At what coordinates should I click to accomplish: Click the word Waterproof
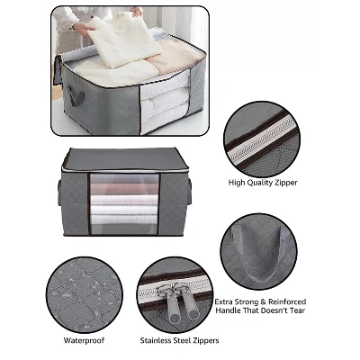[x=84, y=340]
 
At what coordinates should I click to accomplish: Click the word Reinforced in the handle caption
[x=287, y=301]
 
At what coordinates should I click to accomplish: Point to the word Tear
[x=297, y=310]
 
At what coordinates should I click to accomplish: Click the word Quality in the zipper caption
[x=257, y=183]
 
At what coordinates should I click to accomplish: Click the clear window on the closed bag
[x=124, y=204]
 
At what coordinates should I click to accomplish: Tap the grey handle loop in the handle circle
[x=258, y=254]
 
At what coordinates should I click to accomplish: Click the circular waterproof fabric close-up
[x=85, y=295]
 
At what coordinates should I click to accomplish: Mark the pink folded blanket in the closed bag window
[x=124, y=189]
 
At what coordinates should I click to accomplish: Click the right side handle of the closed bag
[x=189, y=191]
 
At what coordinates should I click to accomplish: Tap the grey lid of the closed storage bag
[x=125, y=159]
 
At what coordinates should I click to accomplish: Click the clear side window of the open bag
[x=166, y=103]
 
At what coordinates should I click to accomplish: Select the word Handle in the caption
[x=228, y=310]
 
